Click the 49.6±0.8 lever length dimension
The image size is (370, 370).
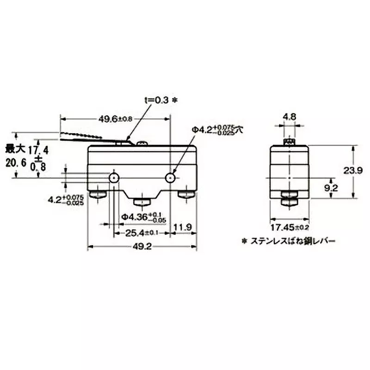point(115,119)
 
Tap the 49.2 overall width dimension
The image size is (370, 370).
point(142,247)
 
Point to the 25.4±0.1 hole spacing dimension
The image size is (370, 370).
point(139,228)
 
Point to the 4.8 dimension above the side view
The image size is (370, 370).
point(289,117)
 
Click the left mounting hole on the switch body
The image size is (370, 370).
point(113,178)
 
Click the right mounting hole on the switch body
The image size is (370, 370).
point(171,178)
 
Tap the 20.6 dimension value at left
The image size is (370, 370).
point(15,162)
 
